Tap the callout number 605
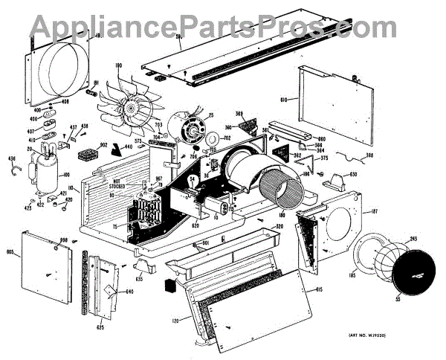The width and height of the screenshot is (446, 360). (11, 254)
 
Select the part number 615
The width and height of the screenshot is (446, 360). (318, 289)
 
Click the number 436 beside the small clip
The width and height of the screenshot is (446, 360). (11, 158)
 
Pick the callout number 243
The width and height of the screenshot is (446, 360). (412, 240)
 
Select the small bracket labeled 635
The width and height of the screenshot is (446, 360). (142, 266)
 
